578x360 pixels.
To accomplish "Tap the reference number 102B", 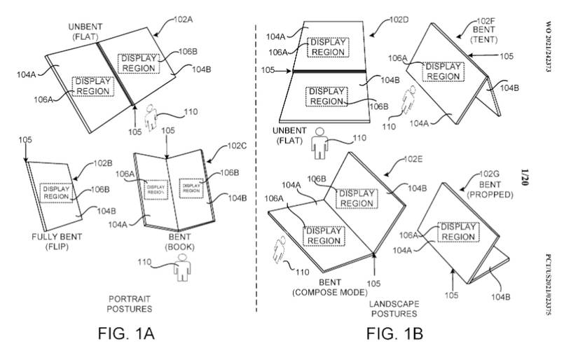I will point(104,164).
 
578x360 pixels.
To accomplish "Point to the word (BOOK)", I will point(179,247).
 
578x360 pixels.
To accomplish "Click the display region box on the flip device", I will point(56,193).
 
